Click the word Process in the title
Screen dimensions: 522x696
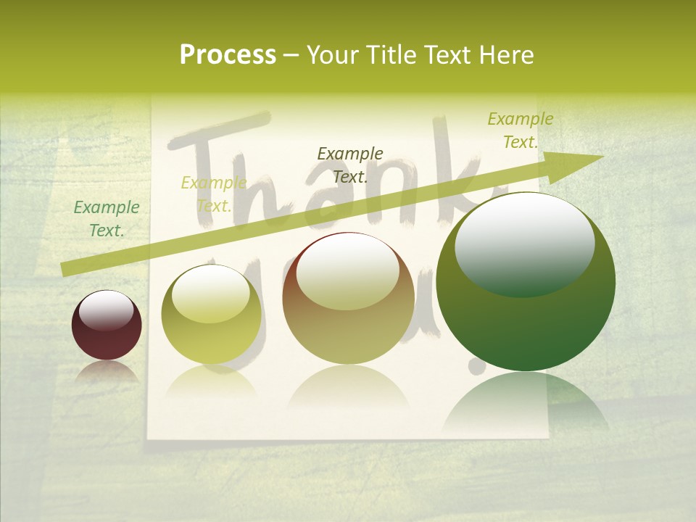click(228, 55)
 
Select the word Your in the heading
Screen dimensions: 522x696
click(333, 55)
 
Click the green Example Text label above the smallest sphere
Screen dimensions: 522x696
click(107, 218)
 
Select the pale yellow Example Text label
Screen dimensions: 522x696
click(213, 194)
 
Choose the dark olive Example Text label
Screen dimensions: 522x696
click(350, 165)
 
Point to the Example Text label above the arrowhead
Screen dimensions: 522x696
click(520, 130)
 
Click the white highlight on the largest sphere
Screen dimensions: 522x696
click(524, 243)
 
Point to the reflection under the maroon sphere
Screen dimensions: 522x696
click(107, 371)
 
